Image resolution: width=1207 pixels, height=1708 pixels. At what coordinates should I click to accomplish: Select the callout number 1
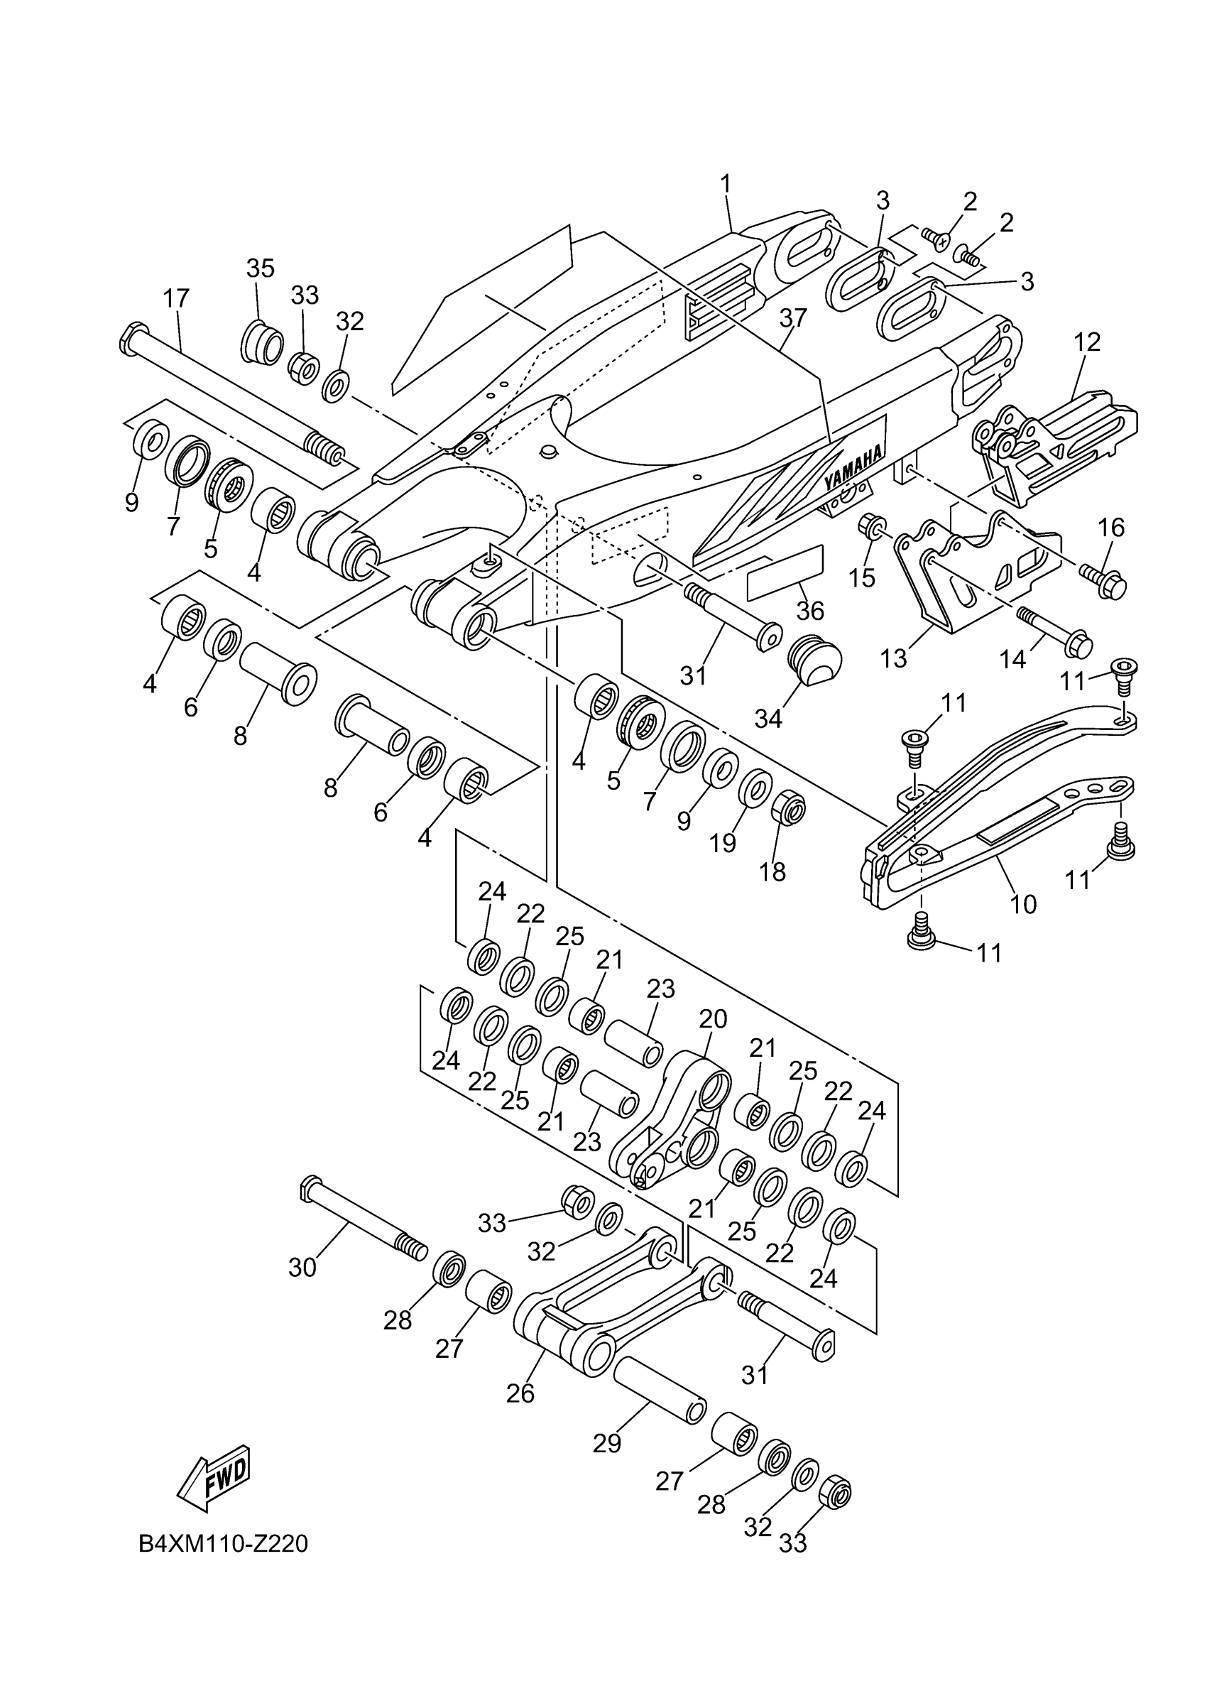pyautogui.click(x=725, y=183)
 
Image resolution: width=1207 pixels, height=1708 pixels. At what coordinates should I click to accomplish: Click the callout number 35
pyautogui.click(x=261, y=268)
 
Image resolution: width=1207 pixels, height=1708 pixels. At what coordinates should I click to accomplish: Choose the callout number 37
pyautogui.click(x=794, y=317)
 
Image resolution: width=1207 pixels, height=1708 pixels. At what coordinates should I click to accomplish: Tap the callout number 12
pyautogui.click(x=1087, y=342)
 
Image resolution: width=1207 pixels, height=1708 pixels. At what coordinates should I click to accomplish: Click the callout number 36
pyautogui.click(x=810, y=611)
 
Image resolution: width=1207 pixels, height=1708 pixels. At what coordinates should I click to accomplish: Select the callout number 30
pyautogui.click(x=302, y=1267)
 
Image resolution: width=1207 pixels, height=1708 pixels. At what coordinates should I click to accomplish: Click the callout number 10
pyautogui.click(x=1023, y=904)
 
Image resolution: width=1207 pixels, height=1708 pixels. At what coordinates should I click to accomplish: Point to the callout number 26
pyautogui.click(x=520, y=1393)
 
